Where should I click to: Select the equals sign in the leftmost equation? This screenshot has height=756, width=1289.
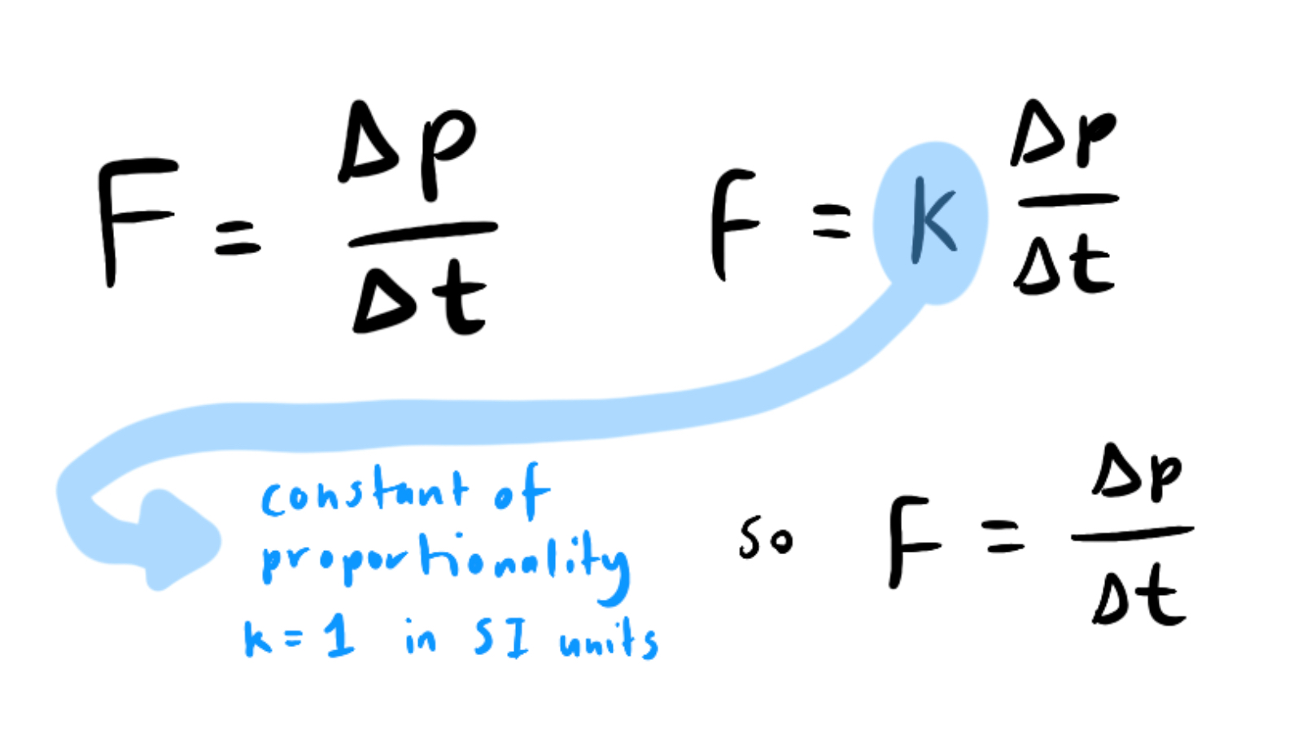(x=238, y=237)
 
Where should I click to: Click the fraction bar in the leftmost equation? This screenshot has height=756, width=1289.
(x=422, y=233)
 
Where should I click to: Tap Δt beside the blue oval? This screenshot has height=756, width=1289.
(x=1063, y=264)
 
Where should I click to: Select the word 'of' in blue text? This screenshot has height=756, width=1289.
(x=521, y=490)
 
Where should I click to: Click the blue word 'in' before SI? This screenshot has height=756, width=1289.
(x=421, y=639)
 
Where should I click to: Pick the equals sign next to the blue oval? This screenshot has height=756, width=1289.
(x=832, y=221)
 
